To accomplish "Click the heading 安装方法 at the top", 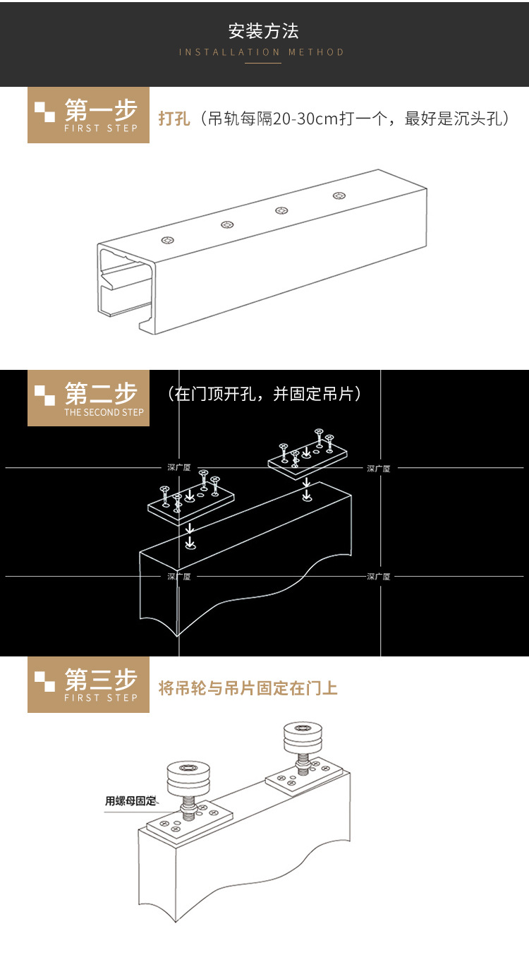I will (x=263, y=31).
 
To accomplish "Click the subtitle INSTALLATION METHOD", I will (x=262, y=52).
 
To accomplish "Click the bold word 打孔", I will (x=174, y=119).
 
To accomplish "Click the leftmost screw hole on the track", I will (x=168, y=241).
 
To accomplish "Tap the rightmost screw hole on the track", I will (x=340, y=196).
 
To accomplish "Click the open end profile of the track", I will (x=126, y=286).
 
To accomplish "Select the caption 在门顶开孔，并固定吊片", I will (x=264, y=394).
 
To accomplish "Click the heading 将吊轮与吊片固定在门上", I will (x=248, y=687).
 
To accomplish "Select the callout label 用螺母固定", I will (x=130, y=801).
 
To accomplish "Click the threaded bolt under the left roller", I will (x=188, y=806).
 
